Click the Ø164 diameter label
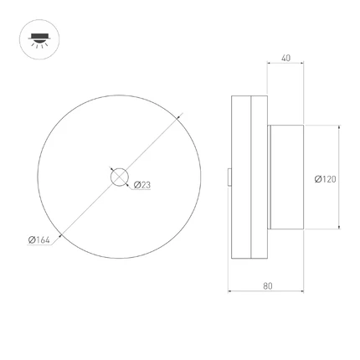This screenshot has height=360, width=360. point(39,239)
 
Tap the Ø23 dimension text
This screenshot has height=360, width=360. point(142,185)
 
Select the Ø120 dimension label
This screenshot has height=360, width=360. point(326,179)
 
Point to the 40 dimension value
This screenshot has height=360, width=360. point(285,58)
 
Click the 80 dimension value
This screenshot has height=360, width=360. point(268,286)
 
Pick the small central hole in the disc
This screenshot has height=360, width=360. point(120,177)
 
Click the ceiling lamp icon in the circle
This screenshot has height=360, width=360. point(39,40)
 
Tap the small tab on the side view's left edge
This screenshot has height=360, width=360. point(229,177)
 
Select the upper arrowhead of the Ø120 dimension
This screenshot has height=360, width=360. point(339,127)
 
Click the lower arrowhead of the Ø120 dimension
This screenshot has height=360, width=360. point(339,227)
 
